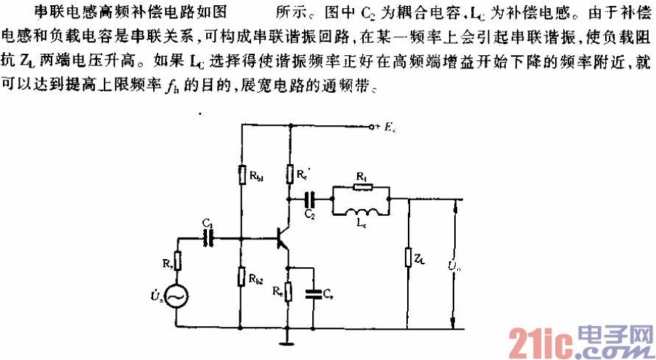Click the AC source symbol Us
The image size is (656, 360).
(177, 296)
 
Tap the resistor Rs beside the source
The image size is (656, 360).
(177, 260)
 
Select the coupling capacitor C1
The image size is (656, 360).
(209, 238)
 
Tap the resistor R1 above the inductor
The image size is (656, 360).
(361, 186)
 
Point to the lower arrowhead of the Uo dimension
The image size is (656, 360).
(456, 325)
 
